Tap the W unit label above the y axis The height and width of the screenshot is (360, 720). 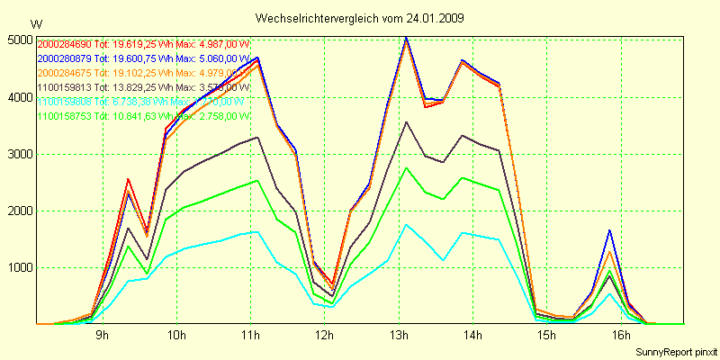tap(35, 23)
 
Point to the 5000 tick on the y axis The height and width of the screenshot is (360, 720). tap(18, 40)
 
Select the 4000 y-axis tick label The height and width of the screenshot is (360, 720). tap(18, 97)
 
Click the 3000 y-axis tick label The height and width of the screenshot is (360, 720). tap(18, 154)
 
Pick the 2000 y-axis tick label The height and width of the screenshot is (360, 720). tap(18, 211)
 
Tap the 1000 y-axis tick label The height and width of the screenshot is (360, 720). tap(18, 267)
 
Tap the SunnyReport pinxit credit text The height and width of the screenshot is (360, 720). tap(674, 350)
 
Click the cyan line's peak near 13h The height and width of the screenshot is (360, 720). tap(406, 225)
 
